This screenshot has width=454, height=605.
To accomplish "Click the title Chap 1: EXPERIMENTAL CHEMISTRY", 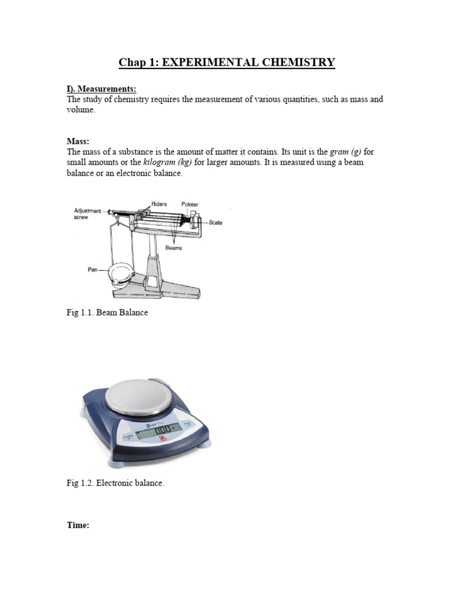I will click(227, 62).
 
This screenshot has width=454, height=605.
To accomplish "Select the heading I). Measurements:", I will click(101, 89).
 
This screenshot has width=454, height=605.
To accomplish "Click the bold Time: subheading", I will click(77, 525).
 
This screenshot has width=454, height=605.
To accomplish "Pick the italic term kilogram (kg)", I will click(168, 162).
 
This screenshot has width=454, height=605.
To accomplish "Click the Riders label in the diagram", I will click(159, 204).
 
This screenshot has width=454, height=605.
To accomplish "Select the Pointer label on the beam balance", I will click(190, 204).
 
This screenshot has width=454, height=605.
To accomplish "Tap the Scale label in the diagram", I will click(215, 223).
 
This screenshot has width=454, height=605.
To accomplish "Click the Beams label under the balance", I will click(173, 248).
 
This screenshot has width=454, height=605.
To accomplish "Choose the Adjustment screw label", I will click(86, 213).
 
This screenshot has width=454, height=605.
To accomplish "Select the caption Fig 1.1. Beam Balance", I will click(107, 313).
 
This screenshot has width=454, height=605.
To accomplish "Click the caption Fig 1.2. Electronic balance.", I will click(115, 483).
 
